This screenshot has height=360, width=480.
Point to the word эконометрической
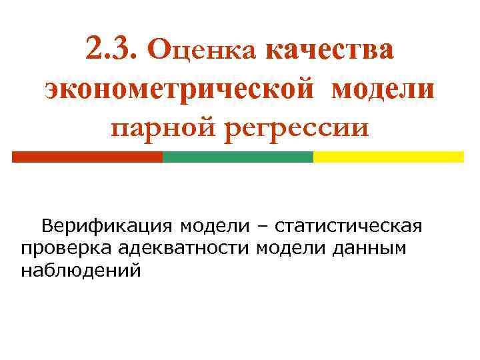click(x=179, y=89)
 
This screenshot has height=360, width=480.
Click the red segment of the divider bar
click(x=87, y=157)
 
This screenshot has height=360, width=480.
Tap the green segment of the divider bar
click(x=238, y=157)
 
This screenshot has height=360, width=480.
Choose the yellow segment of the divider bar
click(x=388, y=157)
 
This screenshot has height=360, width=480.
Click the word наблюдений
click(x=81, y=271)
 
